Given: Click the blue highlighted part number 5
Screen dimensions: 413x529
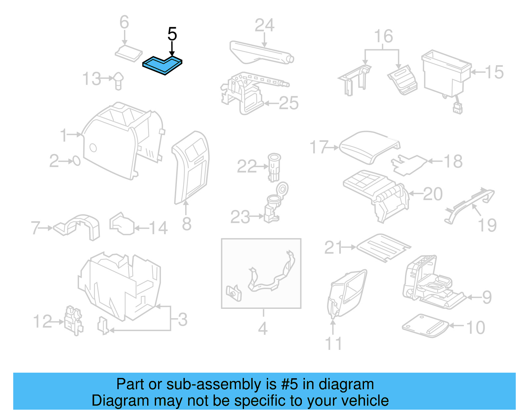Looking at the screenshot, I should (x=162, y=65).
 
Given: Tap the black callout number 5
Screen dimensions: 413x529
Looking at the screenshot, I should (x=172, y=34).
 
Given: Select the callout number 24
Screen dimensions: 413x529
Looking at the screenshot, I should (x=264, y=25).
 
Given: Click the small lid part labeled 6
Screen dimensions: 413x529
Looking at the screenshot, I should (x=129, y=54).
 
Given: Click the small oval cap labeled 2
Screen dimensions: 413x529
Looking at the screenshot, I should (x=76, y=161).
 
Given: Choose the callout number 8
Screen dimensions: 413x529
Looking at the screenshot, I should (x=186, y=224).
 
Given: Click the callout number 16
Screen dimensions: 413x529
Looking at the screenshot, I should (x=383, y=36).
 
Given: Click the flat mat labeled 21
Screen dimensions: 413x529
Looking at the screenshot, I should (x=384, y=248).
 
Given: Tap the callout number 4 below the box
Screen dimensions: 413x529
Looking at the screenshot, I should (x=263, y=328).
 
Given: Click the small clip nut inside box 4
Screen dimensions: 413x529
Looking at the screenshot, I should (x=233, y=293).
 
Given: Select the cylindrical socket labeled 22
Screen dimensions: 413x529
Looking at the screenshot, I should (x=274, y=167).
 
